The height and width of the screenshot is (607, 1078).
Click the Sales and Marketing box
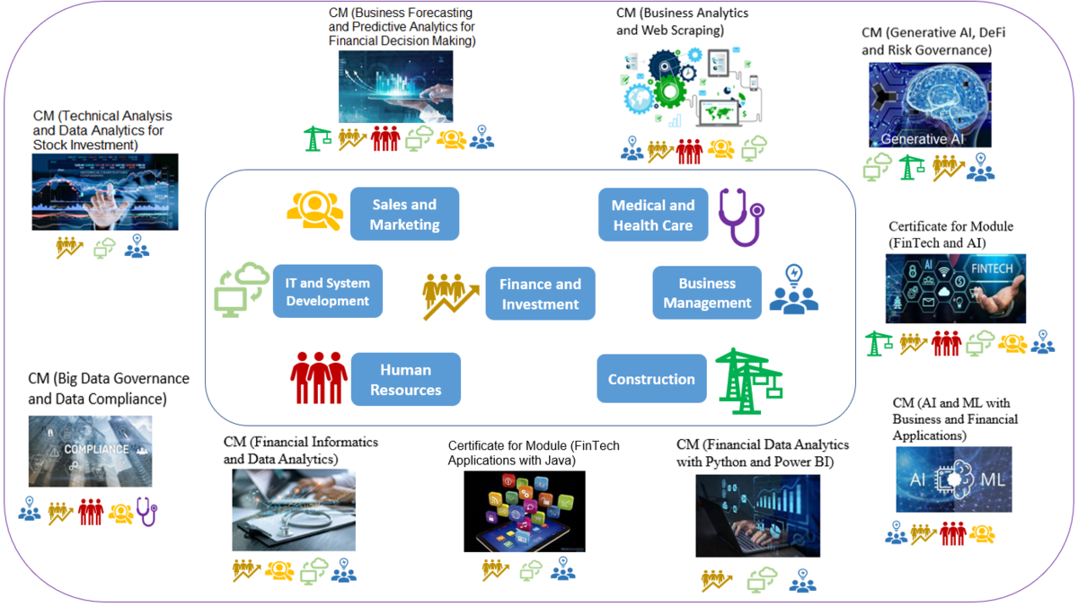[404, 214]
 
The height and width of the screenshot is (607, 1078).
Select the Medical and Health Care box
[653, 215]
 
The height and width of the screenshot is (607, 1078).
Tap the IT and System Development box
[328, 291]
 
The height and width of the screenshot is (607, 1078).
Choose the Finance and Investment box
[540, 294]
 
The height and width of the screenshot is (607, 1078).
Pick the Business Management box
[707, 293]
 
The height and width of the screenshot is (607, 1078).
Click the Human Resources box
[405, 379]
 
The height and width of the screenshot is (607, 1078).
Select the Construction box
[651, 379]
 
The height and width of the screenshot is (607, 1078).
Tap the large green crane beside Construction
[747, 381]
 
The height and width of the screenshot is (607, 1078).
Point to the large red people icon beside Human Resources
[318, 377]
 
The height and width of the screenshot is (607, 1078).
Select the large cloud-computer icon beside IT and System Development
[242, 288]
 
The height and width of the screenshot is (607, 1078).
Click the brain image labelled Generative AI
[930, 104]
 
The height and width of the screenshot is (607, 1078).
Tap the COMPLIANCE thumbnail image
[90, 451]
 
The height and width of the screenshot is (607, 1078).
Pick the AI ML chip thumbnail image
[953, 479]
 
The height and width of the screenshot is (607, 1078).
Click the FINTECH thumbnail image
[955, 288]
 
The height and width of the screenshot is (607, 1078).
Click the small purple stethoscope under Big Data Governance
[146, 511]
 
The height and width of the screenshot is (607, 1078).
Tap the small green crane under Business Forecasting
[317, 138]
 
